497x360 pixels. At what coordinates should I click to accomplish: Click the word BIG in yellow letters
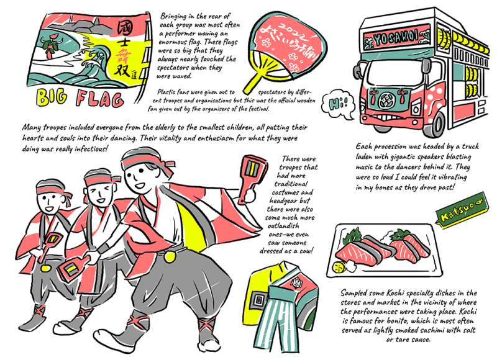52,97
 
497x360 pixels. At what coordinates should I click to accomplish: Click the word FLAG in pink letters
99,99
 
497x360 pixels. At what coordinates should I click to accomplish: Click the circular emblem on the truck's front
385,101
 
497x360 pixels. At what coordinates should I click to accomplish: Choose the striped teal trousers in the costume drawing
276,317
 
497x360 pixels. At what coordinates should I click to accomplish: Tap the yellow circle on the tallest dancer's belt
170,256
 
